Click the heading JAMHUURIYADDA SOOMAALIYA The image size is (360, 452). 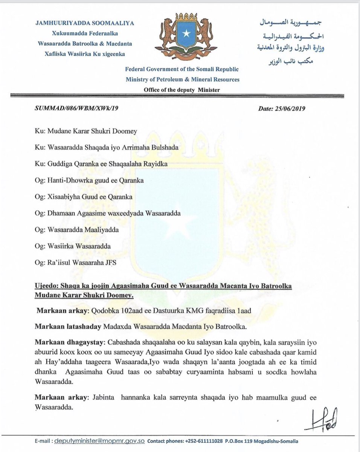(x=85, y=23)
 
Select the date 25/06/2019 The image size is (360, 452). (x=292, y=109)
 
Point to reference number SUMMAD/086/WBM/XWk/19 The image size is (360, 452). (x=78, y=109)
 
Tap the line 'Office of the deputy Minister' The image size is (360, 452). (x=182, y=89)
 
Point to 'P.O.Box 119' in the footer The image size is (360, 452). (x=241, y=441)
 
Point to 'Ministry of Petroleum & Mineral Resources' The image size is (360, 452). (x=183, y=79)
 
